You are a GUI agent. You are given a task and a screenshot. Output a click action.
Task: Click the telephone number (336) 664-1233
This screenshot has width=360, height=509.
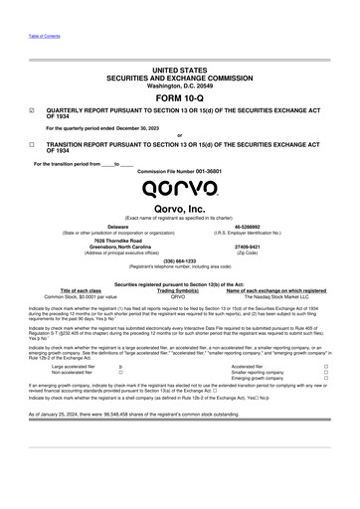pyautogui.click(x=179, y=261)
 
